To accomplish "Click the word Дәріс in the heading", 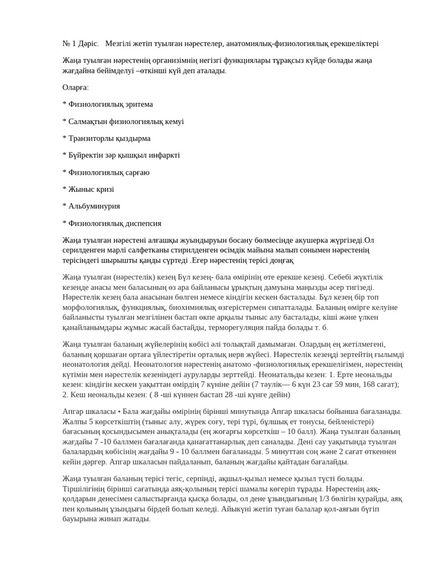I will (88, 44).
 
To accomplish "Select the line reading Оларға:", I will (76, 88).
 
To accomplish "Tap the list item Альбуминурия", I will (94, 206).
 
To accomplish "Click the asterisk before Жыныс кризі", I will (64, 190).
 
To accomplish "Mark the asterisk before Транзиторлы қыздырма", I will (64, 138).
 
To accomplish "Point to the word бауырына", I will (80, 519).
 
